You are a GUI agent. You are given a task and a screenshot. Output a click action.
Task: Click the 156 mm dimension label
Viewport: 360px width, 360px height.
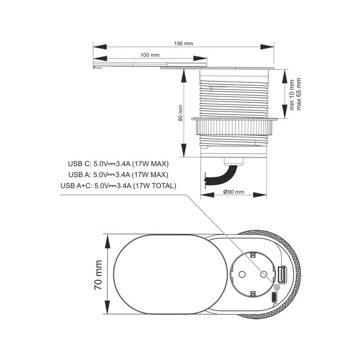[183, 43]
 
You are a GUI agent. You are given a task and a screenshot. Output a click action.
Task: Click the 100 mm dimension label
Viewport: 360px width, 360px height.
[150, 55]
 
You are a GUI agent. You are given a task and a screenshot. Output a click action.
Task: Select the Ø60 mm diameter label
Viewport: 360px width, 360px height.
[234, 192]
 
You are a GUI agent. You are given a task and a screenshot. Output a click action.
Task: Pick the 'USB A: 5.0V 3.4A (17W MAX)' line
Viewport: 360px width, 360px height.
[118, 175]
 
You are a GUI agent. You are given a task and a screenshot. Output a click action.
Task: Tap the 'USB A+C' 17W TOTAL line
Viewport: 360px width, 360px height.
[118, 186]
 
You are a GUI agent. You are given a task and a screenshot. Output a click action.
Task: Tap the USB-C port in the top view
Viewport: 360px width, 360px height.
[274, 297]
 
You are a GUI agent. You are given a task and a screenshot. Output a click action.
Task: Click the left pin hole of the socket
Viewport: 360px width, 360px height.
[240, 274]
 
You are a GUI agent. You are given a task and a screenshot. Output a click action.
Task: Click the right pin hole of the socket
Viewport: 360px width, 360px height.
[264, 274]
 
